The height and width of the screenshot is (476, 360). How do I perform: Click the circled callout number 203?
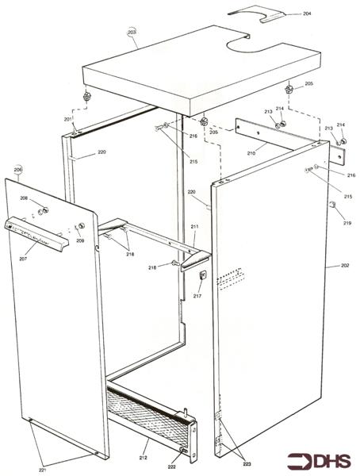tap(132, 33)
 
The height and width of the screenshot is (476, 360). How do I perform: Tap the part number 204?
tap(307, 13)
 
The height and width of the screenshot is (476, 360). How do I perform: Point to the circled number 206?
tap(18, 170)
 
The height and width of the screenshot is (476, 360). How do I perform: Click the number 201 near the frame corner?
tap(68, 119)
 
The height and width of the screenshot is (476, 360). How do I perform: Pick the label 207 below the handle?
tap(24, 258)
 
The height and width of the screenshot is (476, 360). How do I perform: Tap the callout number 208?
tap(24, 198)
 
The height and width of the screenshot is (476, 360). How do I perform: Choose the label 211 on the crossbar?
tap(194, 227)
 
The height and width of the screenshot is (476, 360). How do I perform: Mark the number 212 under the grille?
tap(143, 458)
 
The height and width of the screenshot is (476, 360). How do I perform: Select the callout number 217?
tap(197, 296)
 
